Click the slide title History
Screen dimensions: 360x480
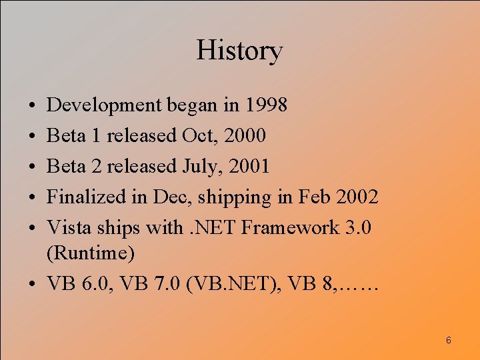coord(239,51)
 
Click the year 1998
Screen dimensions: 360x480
coord(265,105)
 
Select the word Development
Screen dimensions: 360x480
coord(105,105)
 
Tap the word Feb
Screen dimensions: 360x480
coord(313,197)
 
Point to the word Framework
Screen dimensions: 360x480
coord(290,227)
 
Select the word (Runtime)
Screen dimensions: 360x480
coord(91,253)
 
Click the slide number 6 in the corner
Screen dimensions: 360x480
coord(448,341)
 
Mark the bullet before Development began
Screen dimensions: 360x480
coord(32,106)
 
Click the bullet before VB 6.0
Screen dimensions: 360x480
coord(32,285)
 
